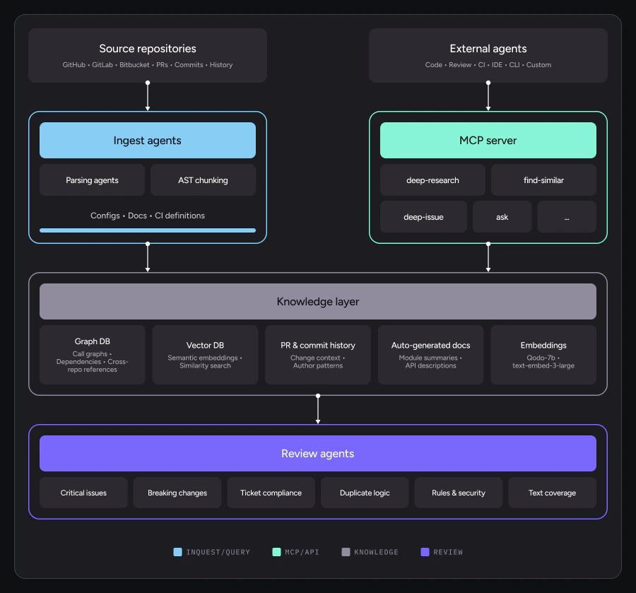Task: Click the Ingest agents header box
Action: [x=148, y=140]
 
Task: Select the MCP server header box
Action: [x=488, y=140]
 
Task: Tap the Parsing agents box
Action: [x=92, y=180]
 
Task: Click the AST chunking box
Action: [x=203, y=180]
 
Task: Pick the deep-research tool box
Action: [x=432, y=180]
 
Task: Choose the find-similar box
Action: [x=543, y=180]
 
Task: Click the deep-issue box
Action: [x=423, y=216]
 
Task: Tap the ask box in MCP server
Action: [x=502, y=216]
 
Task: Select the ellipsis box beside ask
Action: [x=567, y=216]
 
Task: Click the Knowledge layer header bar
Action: [x=318, y=301]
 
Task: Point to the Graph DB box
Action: [x=92, y=354]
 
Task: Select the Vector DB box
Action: [x=205, y=354]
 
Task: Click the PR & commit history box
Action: [x=318, y=354]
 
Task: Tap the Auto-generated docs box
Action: [x=431, y=354]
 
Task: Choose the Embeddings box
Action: [x=543, y=354]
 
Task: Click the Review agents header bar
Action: [x=318, y=453]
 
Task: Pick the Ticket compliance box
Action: [x=271, y=493]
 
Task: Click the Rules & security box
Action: [x=459, y=493]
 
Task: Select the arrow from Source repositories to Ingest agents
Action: [x=148, y=96]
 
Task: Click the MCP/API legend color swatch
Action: [x=276, y=552]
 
